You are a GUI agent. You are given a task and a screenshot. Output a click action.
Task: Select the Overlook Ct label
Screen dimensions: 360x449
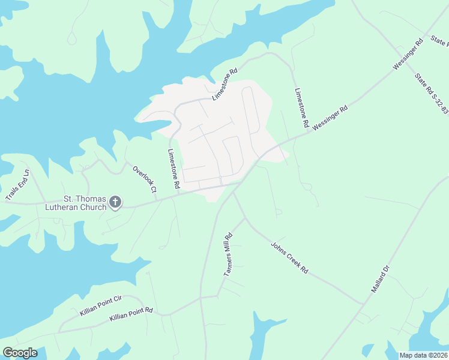tap(145, 178)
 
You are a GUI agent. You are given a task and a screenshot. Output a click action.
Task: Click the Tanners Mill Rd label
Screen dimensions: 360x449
tap(228, 255)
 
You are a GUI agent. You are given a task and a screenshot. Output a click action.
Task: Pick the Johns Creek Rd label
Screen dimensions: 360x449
tap(289, 258)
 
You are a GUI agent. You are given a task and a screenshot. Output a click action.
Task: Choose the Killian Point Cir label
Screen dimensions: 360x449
tap(100, 305)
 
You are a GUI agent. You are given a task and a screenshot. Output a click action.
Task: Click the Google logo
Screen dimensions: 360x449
tap(20, 353)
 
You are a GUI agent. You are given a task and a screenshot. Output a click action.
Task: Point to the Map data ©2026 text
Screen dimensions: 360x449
tap(423, 355)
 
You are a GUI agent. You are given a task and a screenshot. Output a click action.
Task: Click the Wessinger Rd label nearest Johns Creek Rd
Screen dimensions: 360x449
tap(330, 118)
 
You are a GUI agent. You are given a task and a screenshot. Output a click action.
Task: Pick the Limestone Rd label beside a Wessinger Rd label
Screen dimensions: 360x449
tap(301, 109)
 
